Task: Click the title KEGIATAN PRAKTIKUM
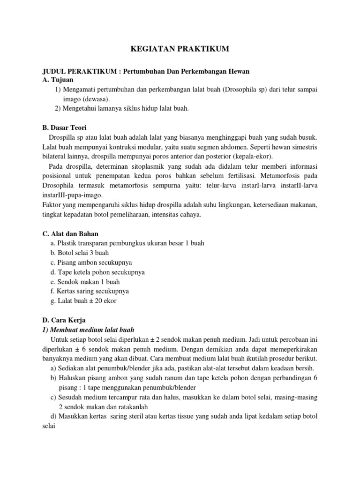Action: coord(180,49)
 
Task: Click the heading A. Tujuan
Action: coord(59,81)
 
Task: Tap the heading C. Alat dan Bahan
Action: coord(70,233)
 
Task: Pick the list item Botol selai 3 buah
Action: coord(80,253)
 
